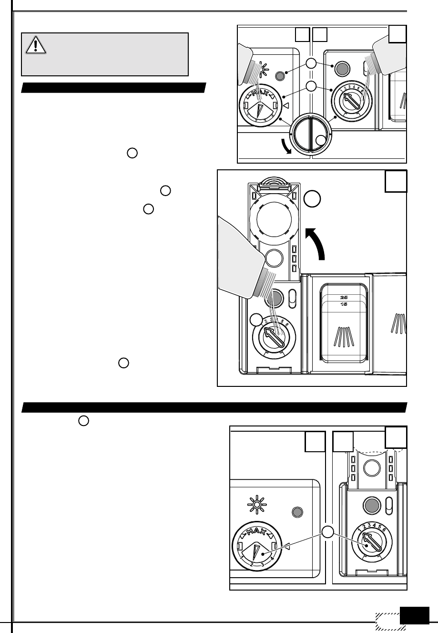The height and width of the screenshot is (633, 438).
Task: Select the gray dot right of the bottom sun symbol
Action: [297, 512]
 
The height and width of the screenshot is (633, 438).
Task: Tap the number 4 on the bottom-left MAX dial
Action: [272, 559]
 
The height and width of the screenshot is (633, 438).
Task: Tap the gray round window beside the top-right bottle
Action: [340, 69]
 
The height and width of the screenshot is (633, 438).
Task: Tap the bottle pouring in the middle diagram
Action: [240, 264]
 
